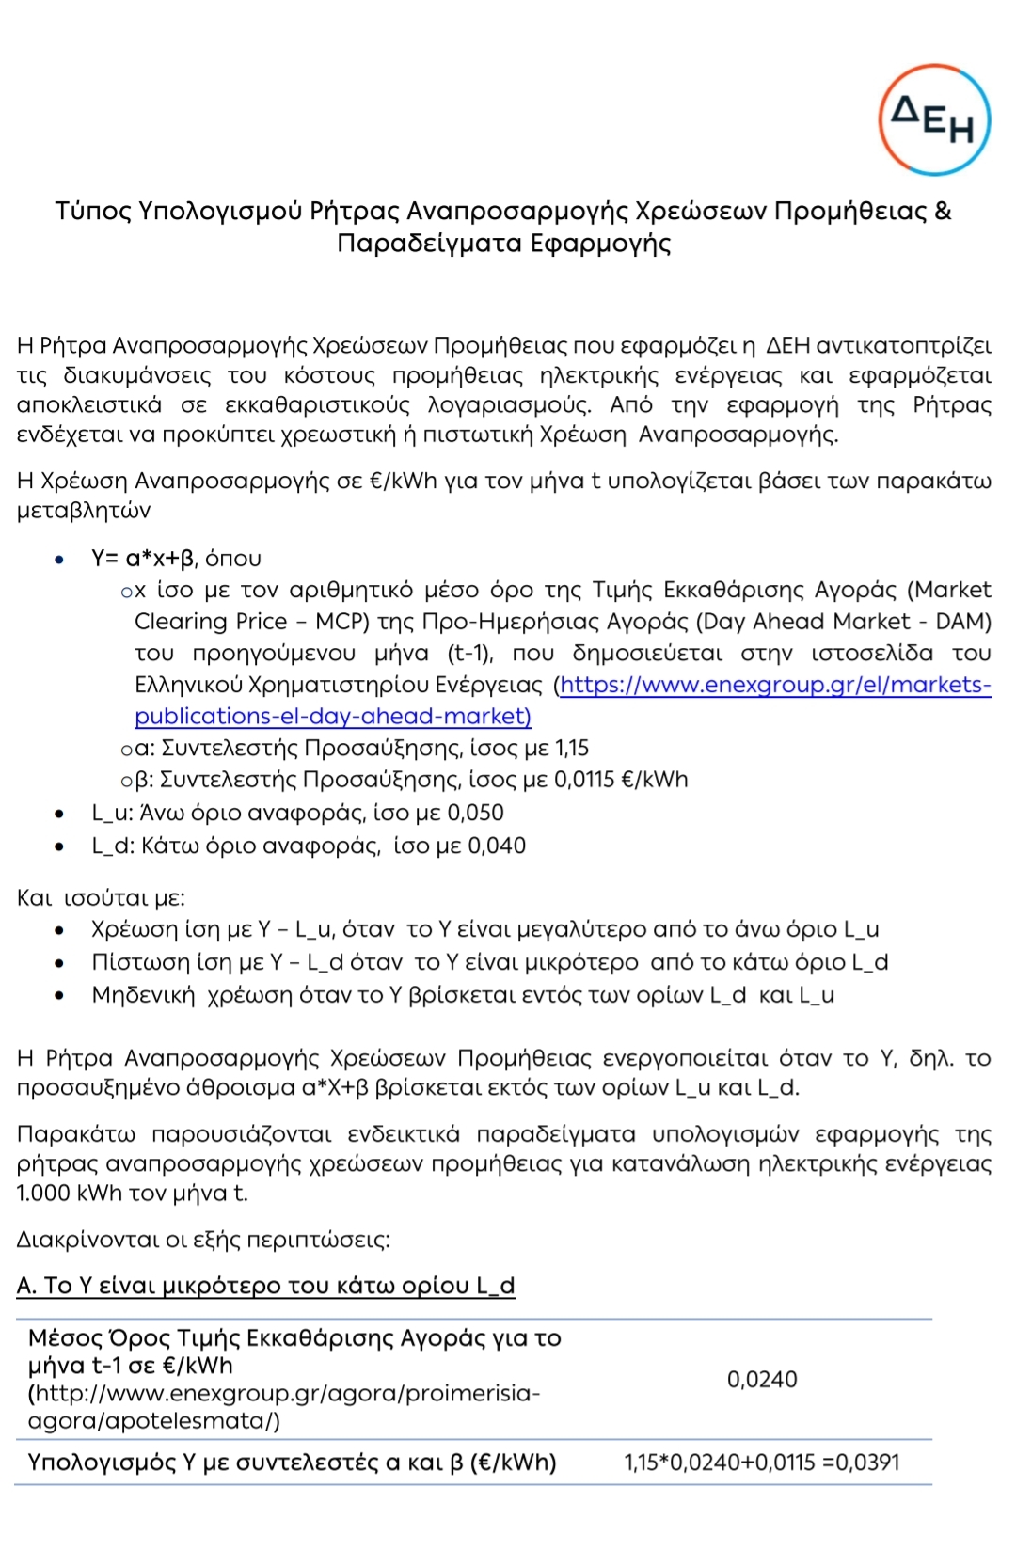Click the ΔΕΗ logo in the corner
[x=934, y=120]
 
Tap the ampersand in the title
[x=943, y=211]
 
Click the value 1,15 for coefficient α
[x=572, y=749]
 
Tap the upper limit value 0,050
[x=475, y=813]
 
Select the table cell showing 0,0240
[x=762, y=1380]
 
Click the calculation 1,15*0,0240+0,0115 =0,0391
[x=762, y=1463]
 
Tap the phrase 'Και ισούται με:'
[x=101, y=898]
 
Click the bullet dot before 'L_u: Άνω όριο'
[x=59, y=814]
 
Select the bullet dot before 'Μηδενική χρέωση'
[x=59, y=995]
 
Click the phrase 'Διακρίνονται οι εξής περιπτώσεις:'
[x=203, y=1240]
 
